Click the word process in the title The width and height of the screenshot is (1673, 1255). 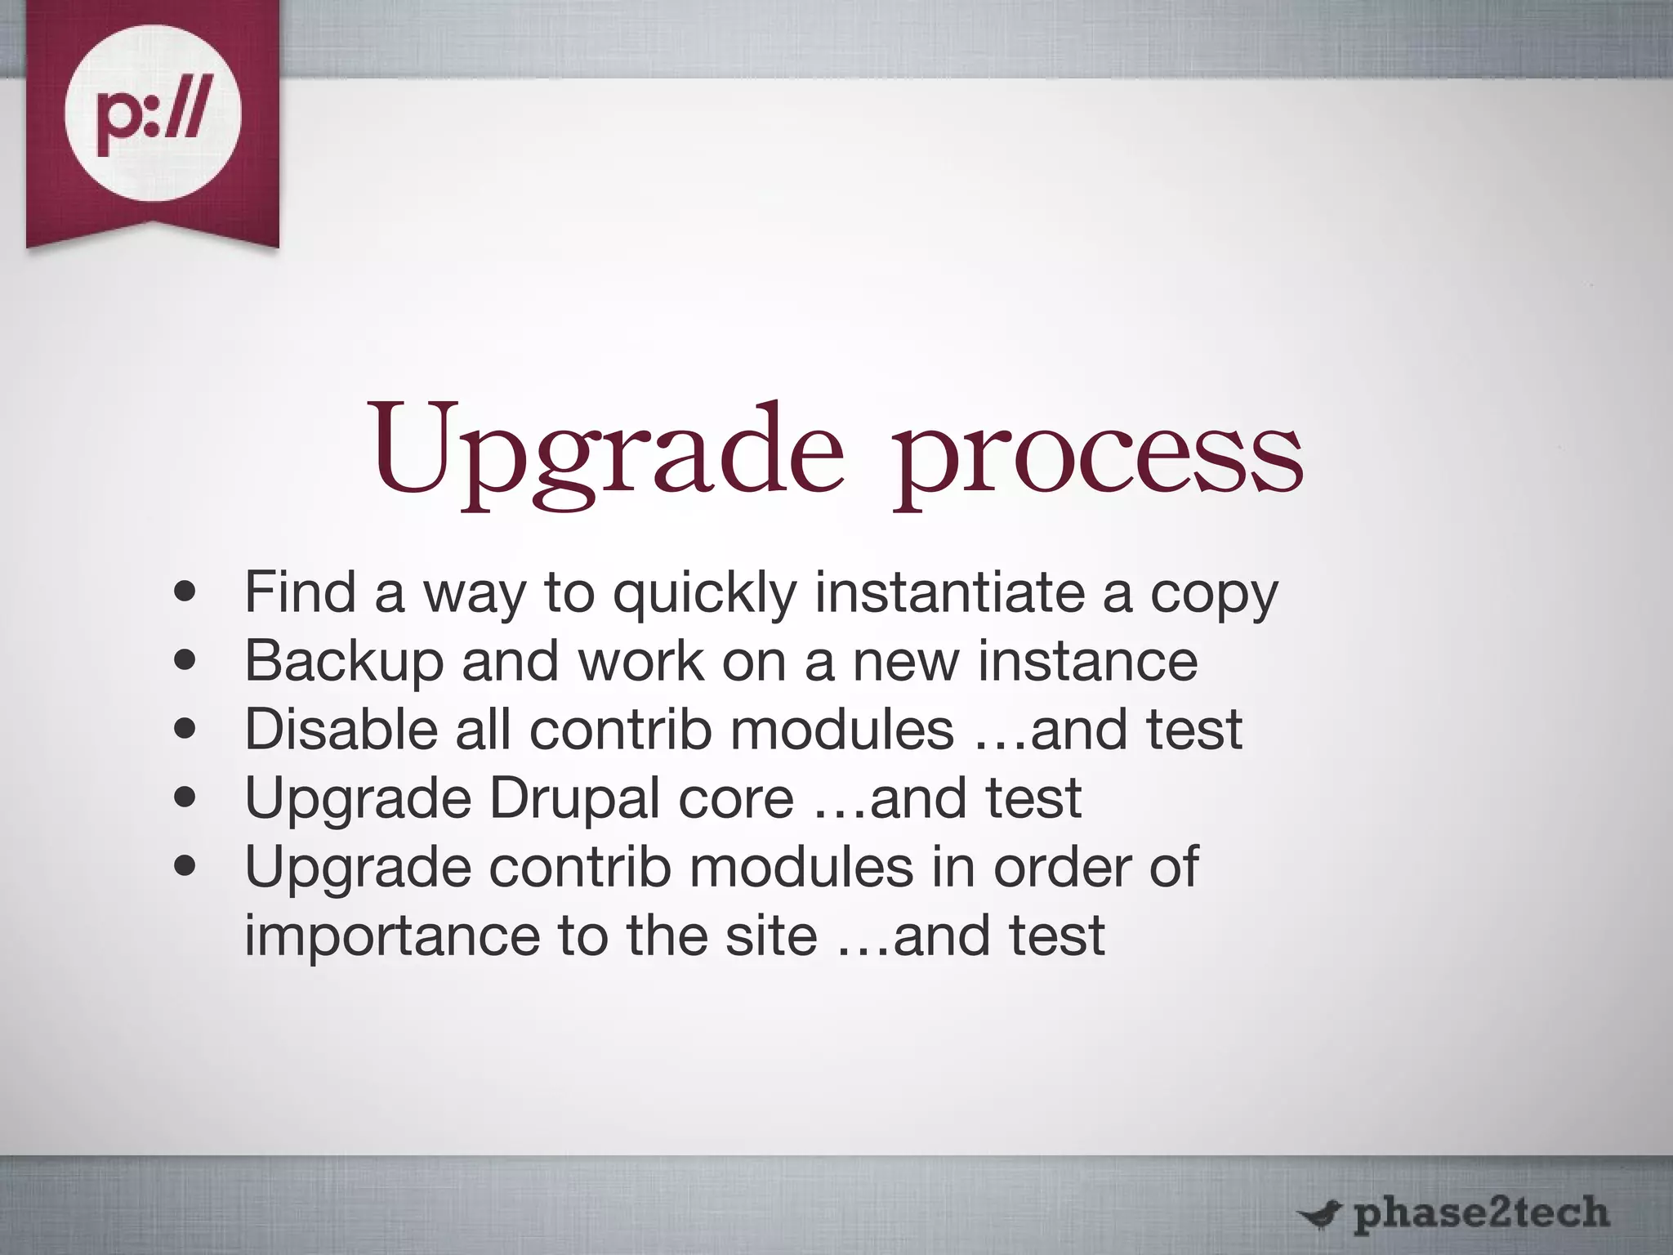point(1097,458)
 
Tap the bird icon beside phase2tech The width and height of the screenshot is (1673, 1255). point(1319,1214)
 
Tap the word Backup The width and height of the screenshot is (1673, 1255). point(343,662)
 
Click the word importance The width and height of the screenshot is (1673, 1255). point(392,936)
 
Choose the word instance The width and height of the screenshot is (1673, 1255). point(1087,661)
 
